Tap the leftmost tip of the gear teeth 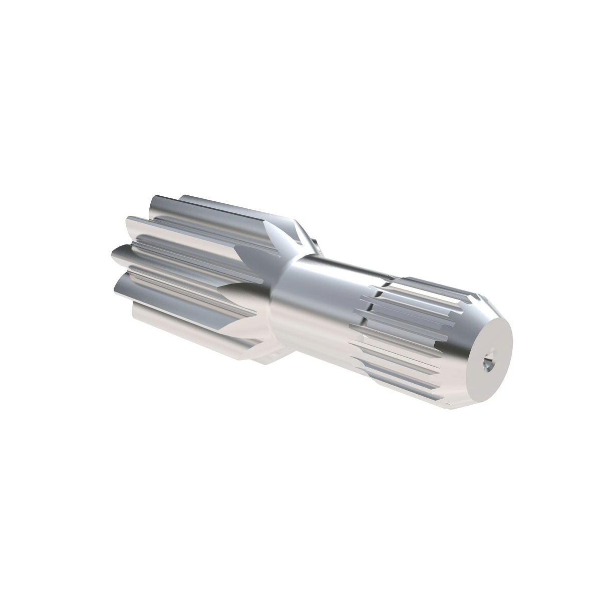[112, 252]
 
